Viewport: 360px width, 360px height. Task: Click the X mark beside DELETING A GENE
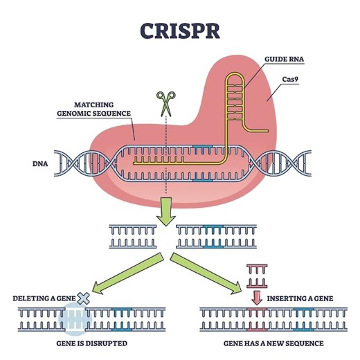(85, 298)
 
